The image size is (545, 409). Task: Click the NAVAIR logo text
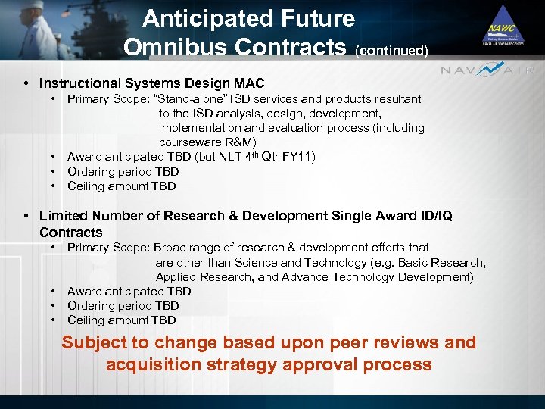tap(488, 70)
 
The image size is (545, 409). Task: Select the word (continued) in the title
tap(391, 51)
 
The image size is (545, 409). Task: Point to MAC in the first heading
tap(249, 83)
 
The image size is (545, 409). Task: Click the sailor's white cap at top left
tap(31, 7)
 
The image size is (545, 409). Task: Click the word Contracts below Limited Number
tap(70, 232)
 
